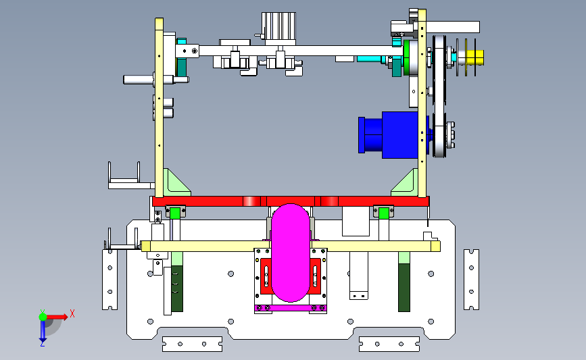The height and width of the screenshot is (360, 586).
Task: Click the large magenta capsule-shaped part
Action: coord(291,253)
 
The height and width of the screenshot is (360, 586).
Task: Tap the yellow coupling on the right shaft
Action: coord(474,57)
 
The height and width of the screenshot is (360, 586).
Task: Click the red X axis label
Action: coord(72,313)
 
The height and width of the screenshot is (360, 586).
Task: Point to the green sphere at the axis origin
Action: coord(43,317)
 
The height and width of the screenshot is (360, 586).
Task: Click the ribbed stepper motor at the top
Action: coord(278,26)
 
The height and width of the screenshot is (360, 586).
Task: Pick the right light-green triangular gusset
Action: coord(404,182)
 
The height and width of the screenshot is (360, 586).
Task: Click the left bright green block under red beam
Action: coord(175,213)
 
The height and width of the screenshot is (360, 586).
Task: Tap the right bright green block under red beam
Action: coord(383,213)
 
